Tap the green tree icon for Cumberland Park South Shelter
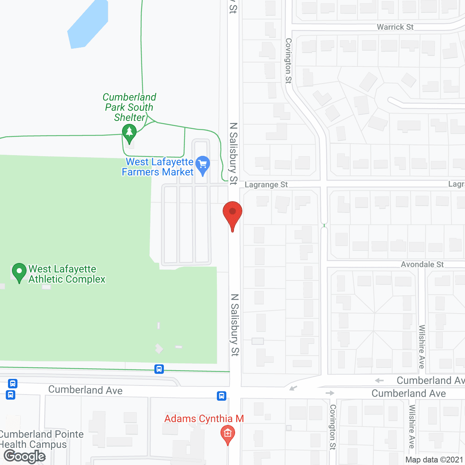point(129,132)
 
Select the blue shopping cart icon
point(203,165)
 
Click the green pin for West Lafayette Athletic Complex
point(19,272)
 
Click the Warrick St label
point(395,27)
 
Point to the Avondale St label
point(422,264)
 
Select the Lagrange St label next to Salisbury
point(266,185)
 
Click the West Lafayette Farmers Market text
point(158,167)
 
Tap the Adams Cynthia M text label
point(204,419)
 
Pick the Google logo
point(25,456)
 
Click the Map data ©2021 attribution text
point(434,460)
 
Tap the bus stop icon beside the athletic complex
point(159,369)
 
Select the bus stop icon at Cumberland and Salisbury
point(222,396)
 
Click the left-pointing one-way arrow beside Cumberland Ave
point(379,380)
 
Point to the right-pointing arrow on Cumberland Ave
point(330,393)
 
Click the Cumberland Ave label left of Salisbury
point(85,390)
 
